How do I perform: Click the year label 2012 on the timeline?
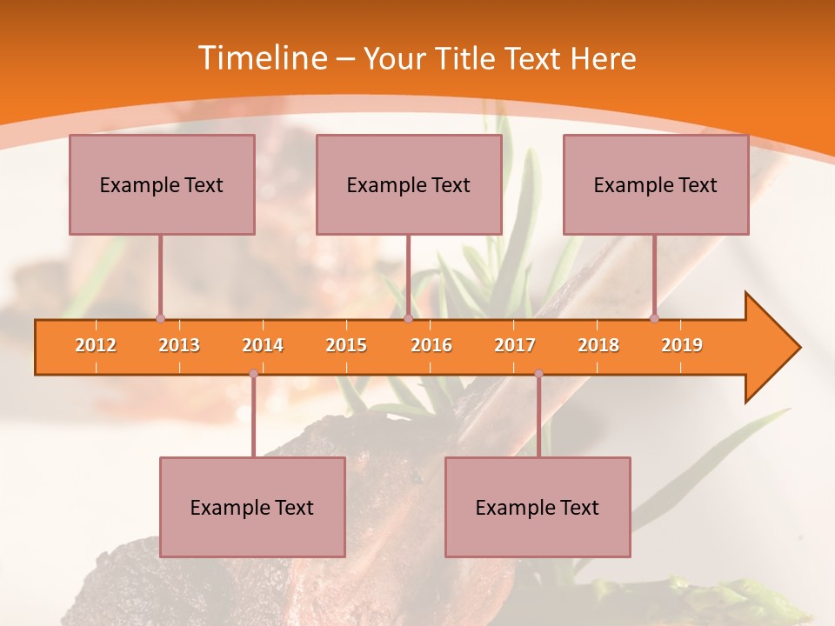click(96, 345)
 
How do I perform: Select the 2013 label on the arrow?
click(179, 345)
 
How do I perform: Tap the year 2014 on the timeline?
click(263, 345)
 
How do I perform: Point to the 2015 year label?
click(346, 345)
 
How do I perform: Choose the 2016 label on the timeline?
click(431, 345)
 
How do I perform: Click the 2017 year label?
click(515, 345)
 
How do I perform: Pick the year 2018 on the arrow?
click(598, 345)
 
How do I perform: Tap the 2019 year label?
click(682, 345)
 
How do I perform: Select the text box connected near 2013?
click(162, 184)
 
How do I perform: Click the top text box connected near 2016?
click(409, 184)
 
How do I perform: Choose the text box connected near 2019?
click(656, 184)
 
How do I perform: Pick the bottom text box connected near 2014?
click(252, 507)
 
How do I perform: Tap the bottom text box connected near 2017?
click(538, 507)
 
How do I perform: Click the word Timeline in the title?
click(261, 58)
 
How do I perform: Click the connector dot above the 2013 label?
click(160, 318)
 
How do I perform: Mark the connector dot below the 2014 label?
click(253, 374)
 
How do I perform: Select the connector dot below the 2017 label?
click(538, 374)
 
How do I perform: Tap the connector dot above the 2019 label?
click(655, 318)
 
